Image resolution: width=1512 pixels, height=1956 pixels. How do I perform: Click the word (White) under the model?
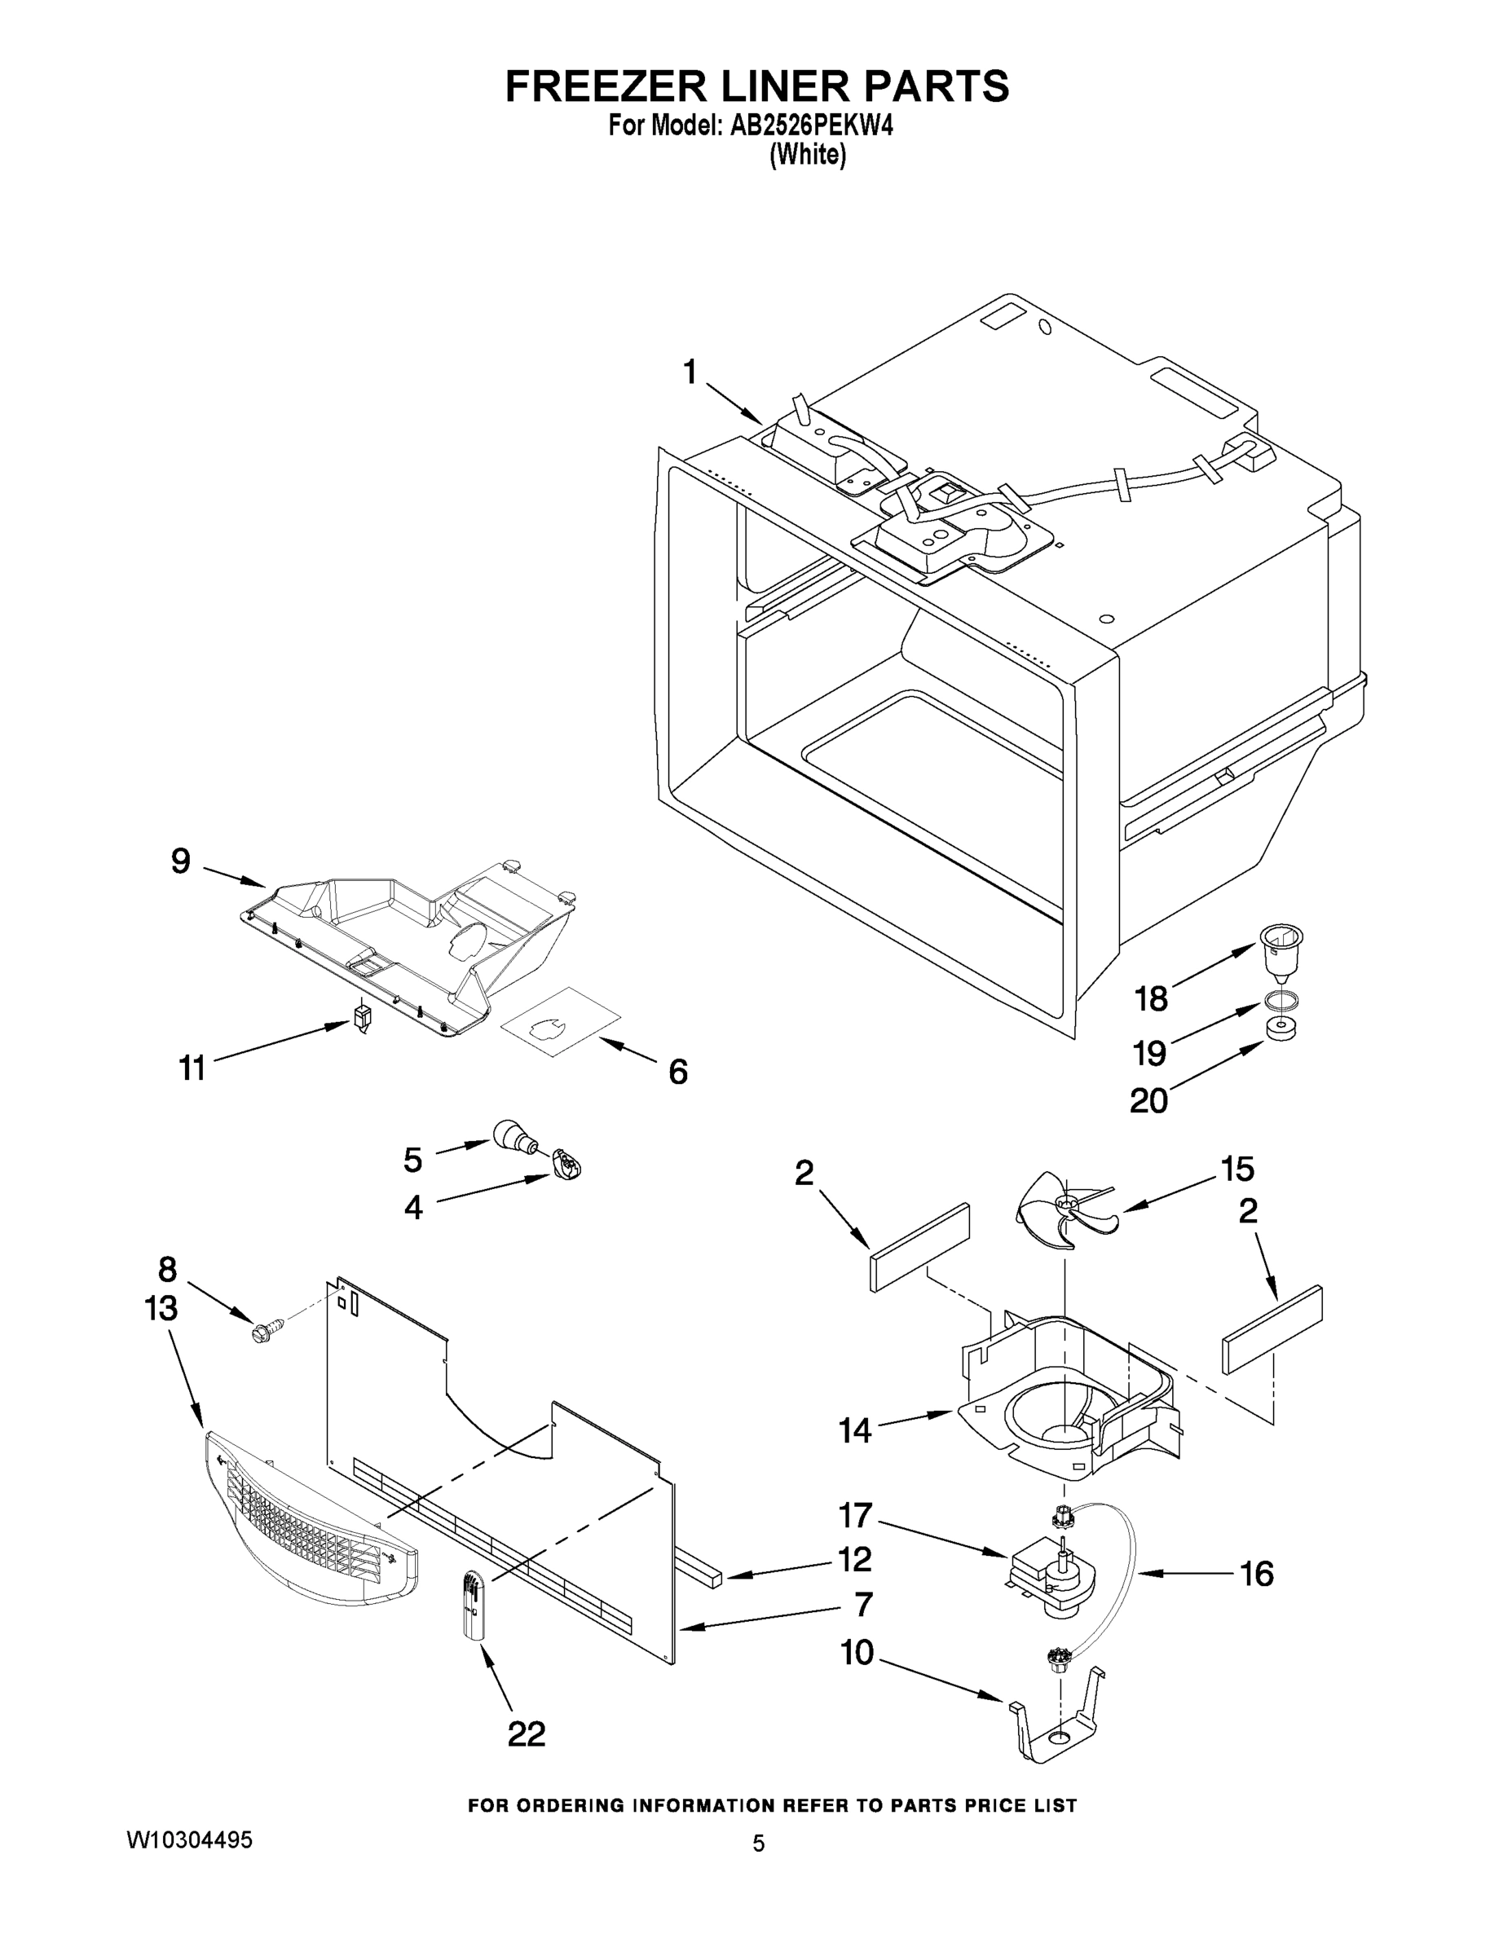807,155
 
